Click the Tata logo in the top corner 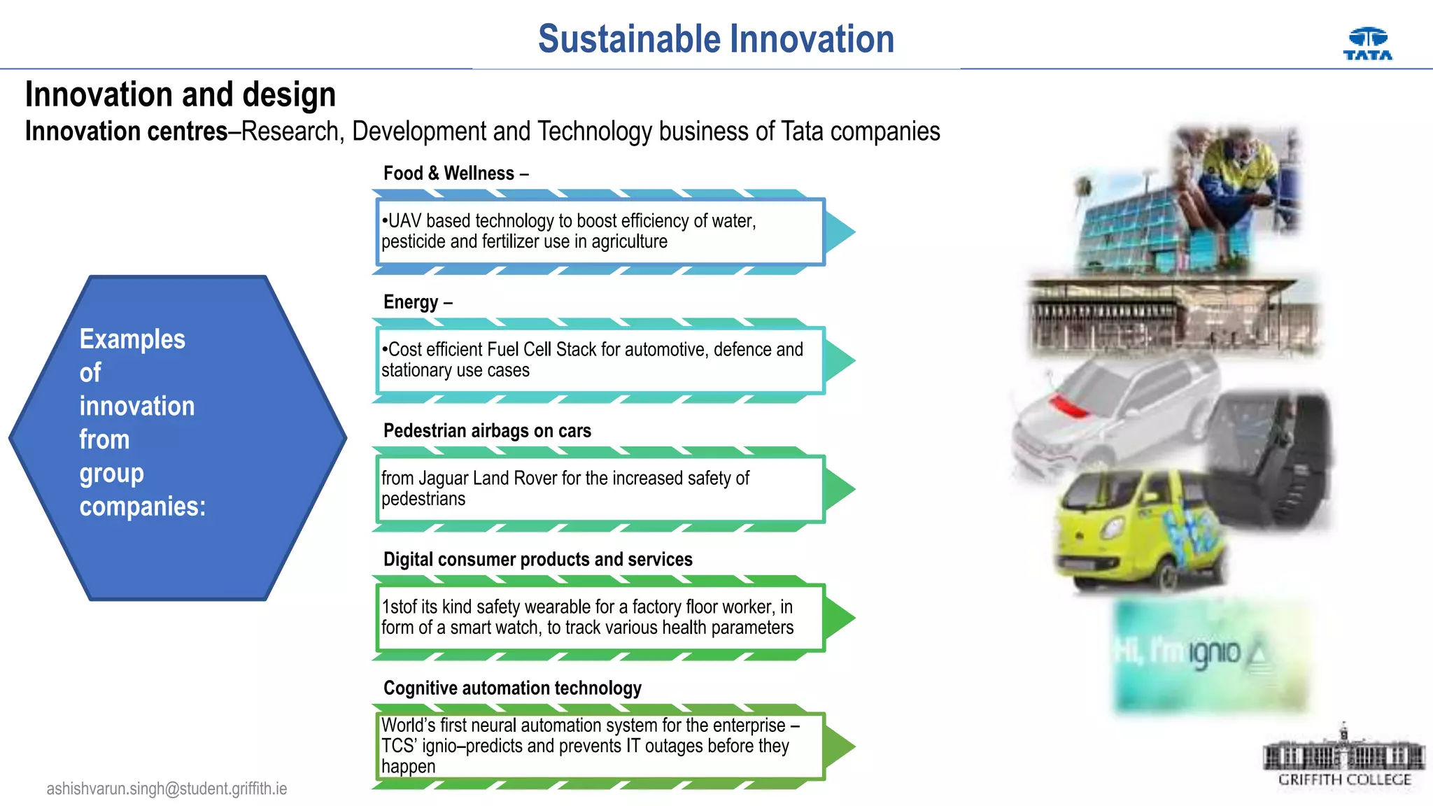[1367, 44]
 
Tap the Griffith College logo [1344, 758]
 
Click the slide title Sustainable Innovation [716, 39]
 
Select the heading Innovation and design [181, 94]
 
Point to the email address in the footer [167, 789]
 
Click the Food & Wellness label [455, 173]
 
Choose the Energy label [417, 302]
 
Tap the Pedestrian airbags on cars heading [487, 430]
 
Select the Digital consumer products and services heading [537, 559]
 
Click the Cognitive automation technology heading [512, 688]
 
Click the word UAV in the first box [404, 221]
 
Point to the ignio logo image [1210, 654]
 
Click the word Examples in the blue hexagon [132, 339]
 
